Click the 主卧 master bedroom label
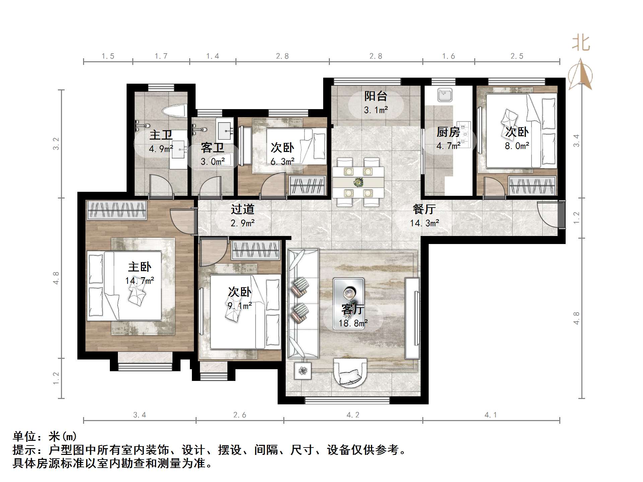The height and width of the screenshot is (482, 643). (x=140, y=267)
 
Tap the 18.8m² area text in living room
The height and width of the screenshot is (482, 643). (x=353, y=323)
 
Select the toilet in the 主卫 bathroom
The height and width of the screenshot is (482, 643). (x=174, y=111)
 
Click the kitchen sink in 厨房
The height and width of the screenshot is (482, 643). (x=445, y=95)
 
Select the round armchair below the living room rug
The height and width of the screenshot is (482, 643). (x=350, y=373)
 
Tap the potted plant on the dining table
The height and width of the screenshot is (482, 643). (x=358, y=182)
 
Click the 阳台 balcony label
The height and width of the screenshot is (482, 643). (x=376, y=96)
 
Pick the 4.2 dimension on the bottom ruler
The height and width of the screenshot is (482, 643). (x=353, y=415)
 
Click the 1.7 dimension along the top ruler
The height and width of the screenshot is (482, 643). (x=161, y=56)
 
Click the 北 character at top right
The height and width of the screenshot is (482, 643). (x=581, y=44)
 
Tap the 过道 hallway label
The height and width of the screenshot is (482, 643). (x=242, y=210)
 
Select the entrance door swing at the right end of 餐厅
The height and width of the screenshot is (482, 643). (x=548, y=214)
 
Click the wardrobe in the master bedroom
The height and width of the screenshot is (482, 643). (x=117, y=210)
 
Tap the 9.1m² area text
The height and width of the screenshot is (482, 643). (x=240, y=306)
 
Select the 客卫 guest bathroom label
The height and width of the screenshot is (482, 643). (x=212, y=148)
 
